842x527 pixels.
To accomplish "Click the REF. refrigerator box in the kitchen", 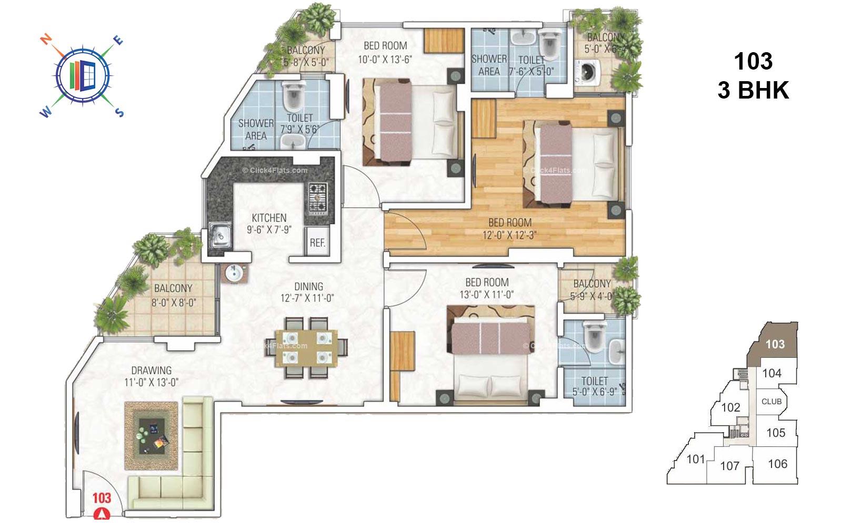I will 318,242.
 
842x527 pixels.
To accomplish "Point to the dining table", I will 309,347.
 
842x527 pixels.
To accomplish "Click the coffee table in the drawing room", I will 151,435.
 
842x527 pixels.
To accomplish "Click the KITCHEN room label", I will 269,218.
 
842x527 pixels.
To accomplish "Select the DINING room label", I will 308,287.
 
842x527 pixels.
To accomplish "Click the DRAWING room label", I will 152,370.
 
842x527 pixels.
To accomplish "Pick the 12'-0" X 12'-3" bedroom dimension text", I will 509,236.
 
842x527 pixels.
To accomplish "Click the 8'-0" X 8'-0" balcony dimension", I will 173,302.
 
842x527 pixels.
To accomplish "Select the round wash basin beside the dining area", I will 233,274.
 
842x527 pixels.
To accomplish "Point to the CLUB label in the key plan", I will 771,402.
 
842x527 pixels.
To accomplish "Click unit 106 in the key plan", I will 777,464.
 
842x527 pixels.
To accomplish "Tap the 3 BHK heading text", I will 753,91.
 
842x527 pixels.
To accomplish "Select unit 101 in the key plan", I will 696,460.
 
